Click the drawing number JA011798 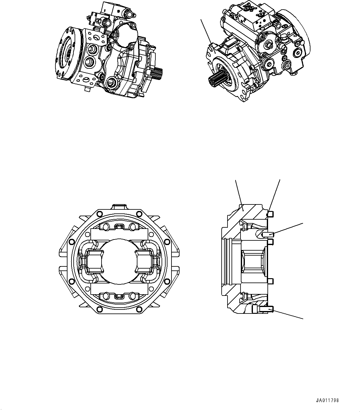pyautogui.click(x=327, y=400)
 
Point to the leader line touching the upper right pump pyautogui.click(x=206, y=31)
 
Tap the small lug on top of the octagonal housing pyautogui.click(x=119, y=207)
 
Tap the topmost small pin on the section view pyautogui.click(x=270, y=214)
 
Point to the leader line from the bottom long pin pyautogui.click(x=288, y=313)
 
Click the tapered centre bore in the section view pyautogui.click(x=253, y=260)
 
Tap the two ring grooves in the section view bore pyautogui.click(x=230, y=260)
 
